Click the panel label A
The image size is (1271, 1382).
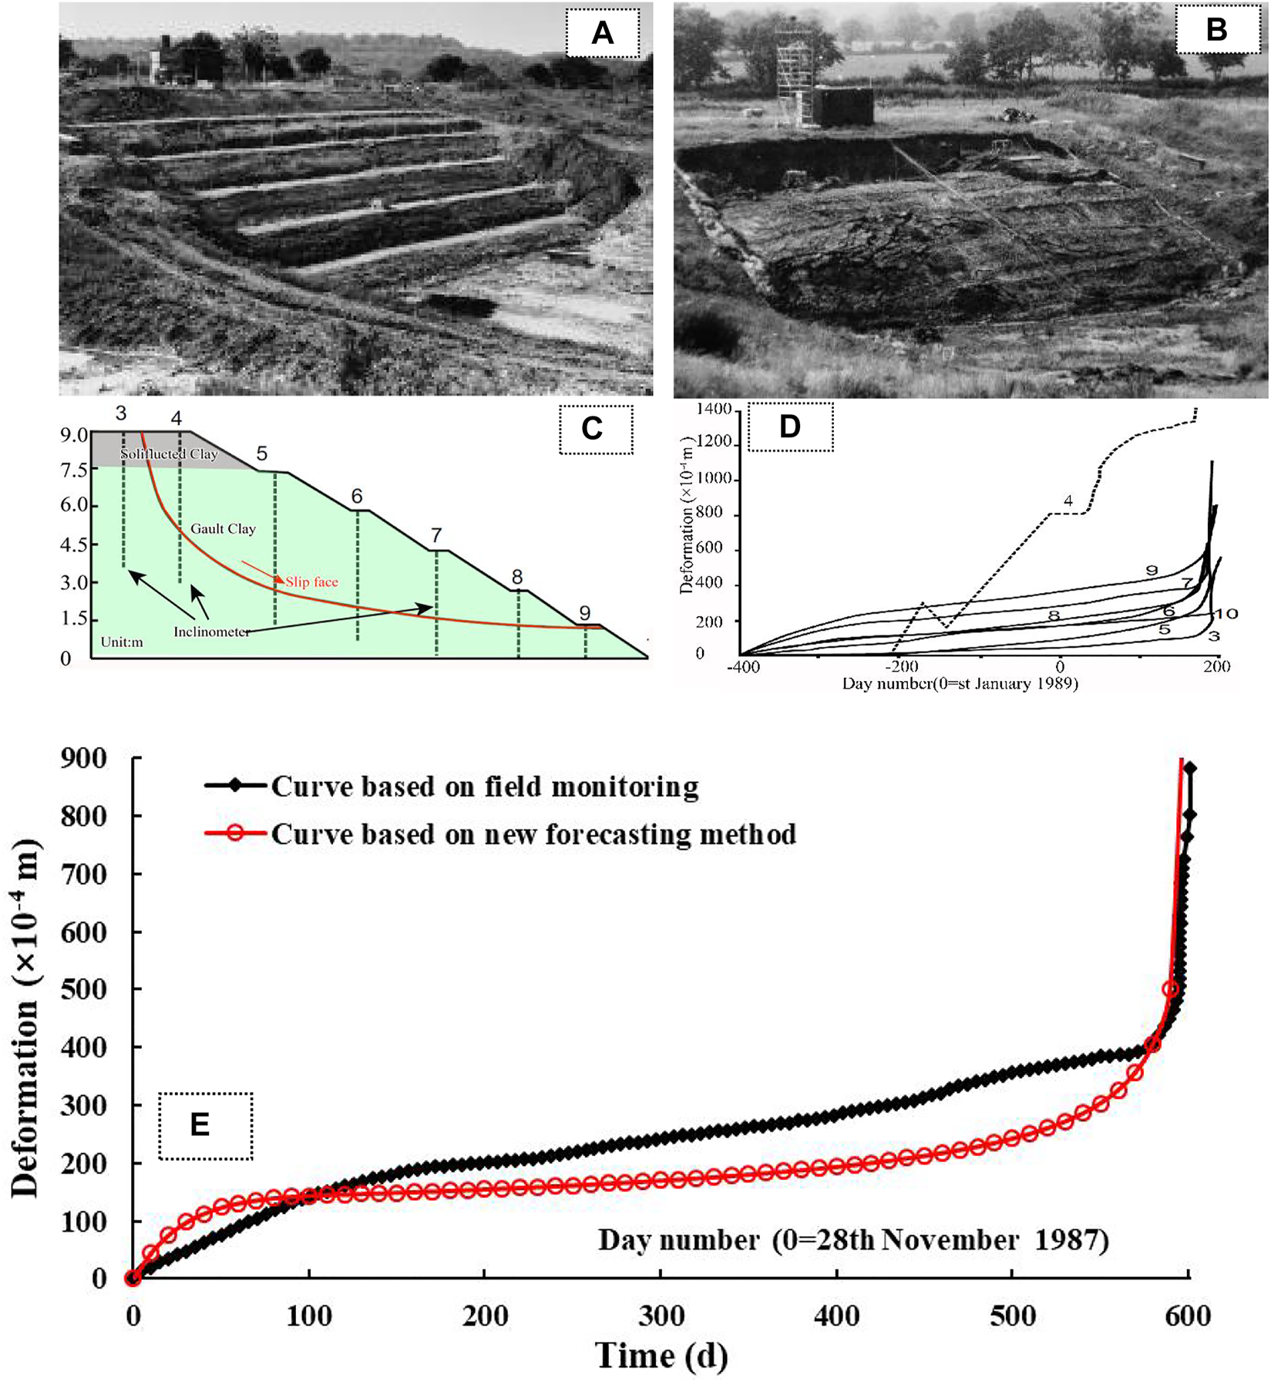coord(602,32)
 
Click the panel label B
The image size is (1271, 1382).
coord(1216,30)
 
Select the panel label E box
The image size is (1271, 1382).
coord(205,1125)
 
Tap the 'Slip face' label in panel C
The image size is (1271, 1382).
coord(311,581)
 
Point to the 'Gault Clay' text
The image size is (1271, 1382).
coord(223,529)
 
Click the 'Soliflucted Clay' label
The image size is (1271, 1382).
coord(169,454)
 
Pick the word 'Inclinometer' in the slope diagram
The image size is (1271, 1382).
coord(211,632)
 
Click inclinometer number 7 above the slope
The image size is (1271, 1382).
coord(436,535)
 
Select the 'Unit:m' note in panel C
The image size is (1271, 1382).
coord(122,642)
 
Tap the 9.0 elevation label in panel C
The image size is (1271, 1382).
coord(75,435)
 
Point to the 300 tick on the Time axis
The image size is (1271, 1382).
coord(661,1316)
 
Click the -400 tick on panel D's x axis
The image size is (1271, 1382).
coord(743,666)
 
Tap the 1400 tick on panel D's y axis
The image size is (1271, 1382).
coord(713,410)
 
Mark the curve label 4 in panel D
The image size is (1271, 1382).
coord(1068,501)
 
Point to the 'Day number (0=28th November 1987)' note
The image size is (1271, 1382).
coord(853,1241)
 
